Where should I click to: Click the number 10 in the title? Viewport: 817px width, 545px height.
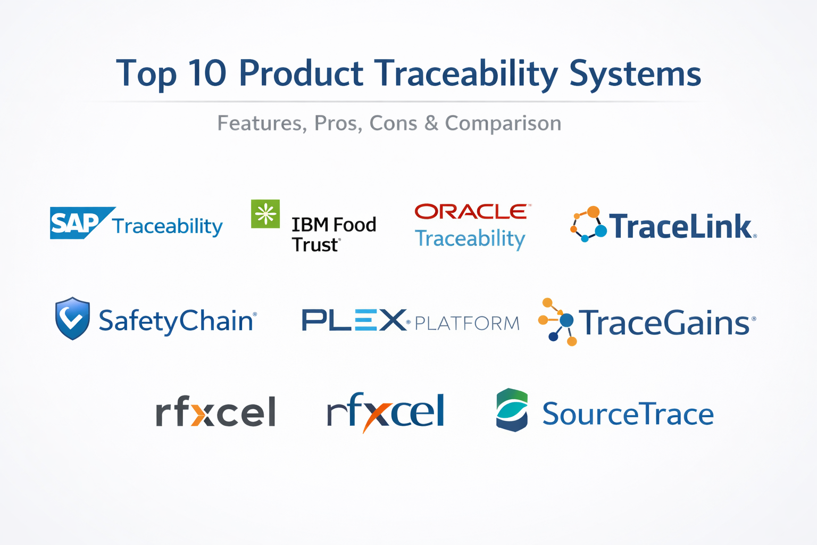tap(207, 73)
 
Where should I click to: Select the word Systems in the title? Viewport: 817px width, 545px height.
tap(635, 75)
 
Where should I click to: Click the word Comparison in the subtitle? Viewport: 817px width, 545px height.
tap(503, 124)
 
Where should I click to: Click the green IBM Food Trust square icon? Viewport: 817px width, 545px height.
tap(265, 213)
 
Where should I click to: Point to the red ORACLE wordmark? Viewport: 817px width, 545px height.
tap(471, 211)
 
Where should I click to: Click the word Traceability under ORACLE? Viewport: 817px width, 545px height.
tap(470, 239)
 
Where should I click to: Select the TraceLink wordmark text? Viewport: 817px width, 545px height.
tap(681, 226)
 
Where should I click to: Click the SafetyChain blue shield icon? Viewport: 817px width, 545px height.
tap(72, 318)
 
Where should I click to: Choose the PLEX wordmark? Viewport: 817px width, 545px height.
tap(354, 320)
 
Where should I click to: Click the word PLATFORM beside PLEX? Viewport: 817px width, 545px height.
tap(467, 324)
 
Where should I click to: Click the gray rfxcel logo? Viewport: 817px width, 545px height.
tap(215, 411)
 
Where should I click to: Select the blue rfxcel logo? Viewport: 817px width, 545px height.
tap(386, 411)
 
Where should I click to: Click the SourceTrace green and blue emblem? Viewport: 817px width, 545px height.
tap(512, 410)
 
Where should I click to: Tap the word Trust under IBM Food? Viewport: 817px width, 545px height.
tap(315, 245)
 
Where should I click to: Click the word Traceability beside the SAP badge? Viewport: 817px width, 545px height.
tap(168, 227)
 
